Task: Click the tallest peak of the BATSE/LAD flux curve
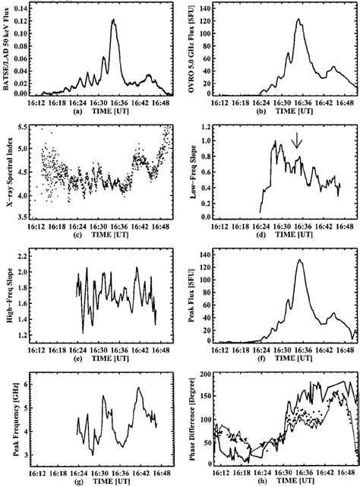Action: coord(113,21)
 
